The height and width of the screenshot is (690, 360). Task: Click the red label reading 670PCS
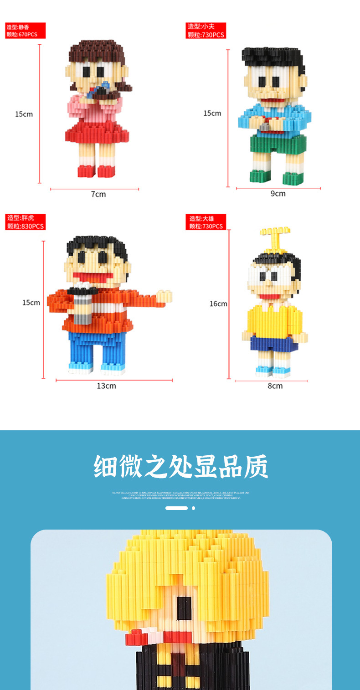coord(25,34)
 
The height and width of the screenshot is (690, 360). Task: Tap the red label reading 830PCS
coord(25,226)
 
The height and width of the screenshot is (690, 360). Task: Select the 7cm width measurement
coord(98,194)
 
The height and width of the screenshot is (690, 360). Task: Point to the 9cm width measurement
coord(278,193)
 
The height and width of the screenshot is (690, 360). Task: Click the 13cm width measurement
coord(106,386)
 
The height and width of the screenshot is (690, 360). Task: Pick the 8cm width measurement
coord(275,386)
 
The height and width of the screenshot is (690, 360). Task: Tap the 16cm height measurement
coord(218,304)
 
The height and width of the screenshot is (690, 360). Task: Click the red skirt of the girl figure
coord(97,132)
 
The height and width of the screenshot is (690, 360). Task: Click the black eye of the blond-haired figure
coord(184,608)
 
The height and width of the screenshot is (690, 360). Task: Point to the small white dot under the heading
coord(193,508)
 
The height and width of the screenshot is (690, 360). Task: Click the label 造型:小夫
coord(205,26)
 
